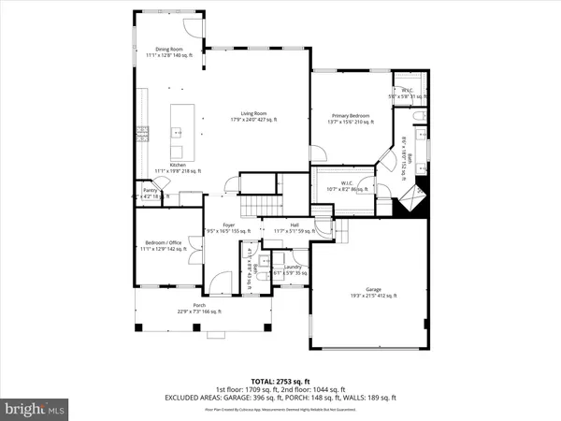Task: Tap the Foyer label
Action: [227, 227]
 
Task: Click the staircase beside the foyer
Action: [262, 207]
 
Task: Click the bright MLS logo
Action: [36, 408]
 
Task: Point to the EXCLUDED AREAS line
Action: [280, 398]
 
